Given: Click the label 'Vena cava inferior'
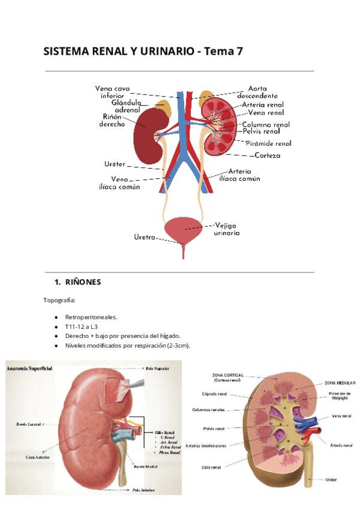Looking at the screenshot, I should click(113, 92).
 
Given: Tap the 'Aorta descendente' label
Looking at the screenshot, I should click(257, 92).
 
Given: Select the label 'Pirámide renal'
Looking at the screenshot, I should click(268, 143).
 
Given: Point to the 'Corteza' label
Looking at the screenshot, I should click(267, 155).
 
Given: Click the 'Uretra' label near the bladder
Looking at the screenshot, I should click(145, 237).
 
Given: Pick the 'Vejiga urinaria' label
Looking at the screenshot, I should click(227, 229).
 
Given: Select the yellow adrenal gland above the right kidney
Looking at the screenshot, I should click(163, 108).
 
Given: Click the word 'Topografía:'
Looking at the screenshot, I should click(59, 300).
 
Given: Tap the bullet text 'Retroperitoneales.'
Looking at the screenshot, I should click(92, 316).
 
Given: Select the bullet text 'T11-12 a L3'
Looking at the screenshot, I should click(82, 326).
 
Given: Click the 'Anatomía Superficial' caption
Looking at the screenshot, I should click(29, 367).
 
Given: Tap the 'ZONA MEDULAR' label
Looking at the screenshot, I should click(340, 382).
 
